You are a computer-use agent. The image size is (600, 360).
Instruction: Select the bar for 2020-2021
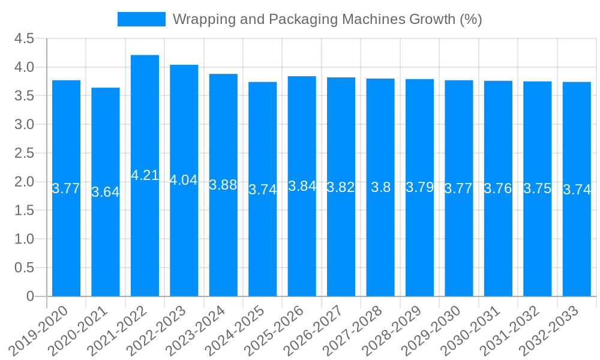pyautogui.click(x=106, y=192)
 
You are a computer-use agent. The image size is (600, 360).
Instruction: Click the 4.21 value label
pyautogui.click(x=145, y=175)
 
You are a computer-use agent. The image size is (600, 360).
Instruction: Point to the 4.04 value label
pyautogui.click(x=184, y=180)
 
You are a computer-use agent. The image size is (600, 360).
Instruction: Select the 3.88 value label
pyautogui.click(x=223, y=185)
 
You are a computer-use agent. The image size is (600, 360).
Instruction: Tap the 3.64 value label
pyautogui.click(x=106, y=192)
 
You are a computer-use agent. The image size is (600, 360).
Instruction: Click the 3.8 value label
pyautogui.click(x=380, y=187)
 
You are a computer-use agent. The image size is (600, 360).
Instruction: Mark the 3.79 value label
pyautogui.click(x=420, y=187)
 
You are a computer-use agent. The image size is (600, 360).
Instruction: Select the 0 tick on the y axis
pyautogui.click(x=30, y=296)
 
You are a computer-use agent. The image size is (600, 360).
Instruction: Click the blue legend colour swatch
pyautogui.click(x=142, y=19)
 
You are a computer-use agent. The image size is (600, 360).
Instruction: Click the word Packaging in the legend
pyautogui.click(x=302, y=19)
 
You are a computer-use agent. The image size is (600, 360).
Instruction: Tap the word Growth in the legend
pyautogui.click(x=432, y=19)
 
